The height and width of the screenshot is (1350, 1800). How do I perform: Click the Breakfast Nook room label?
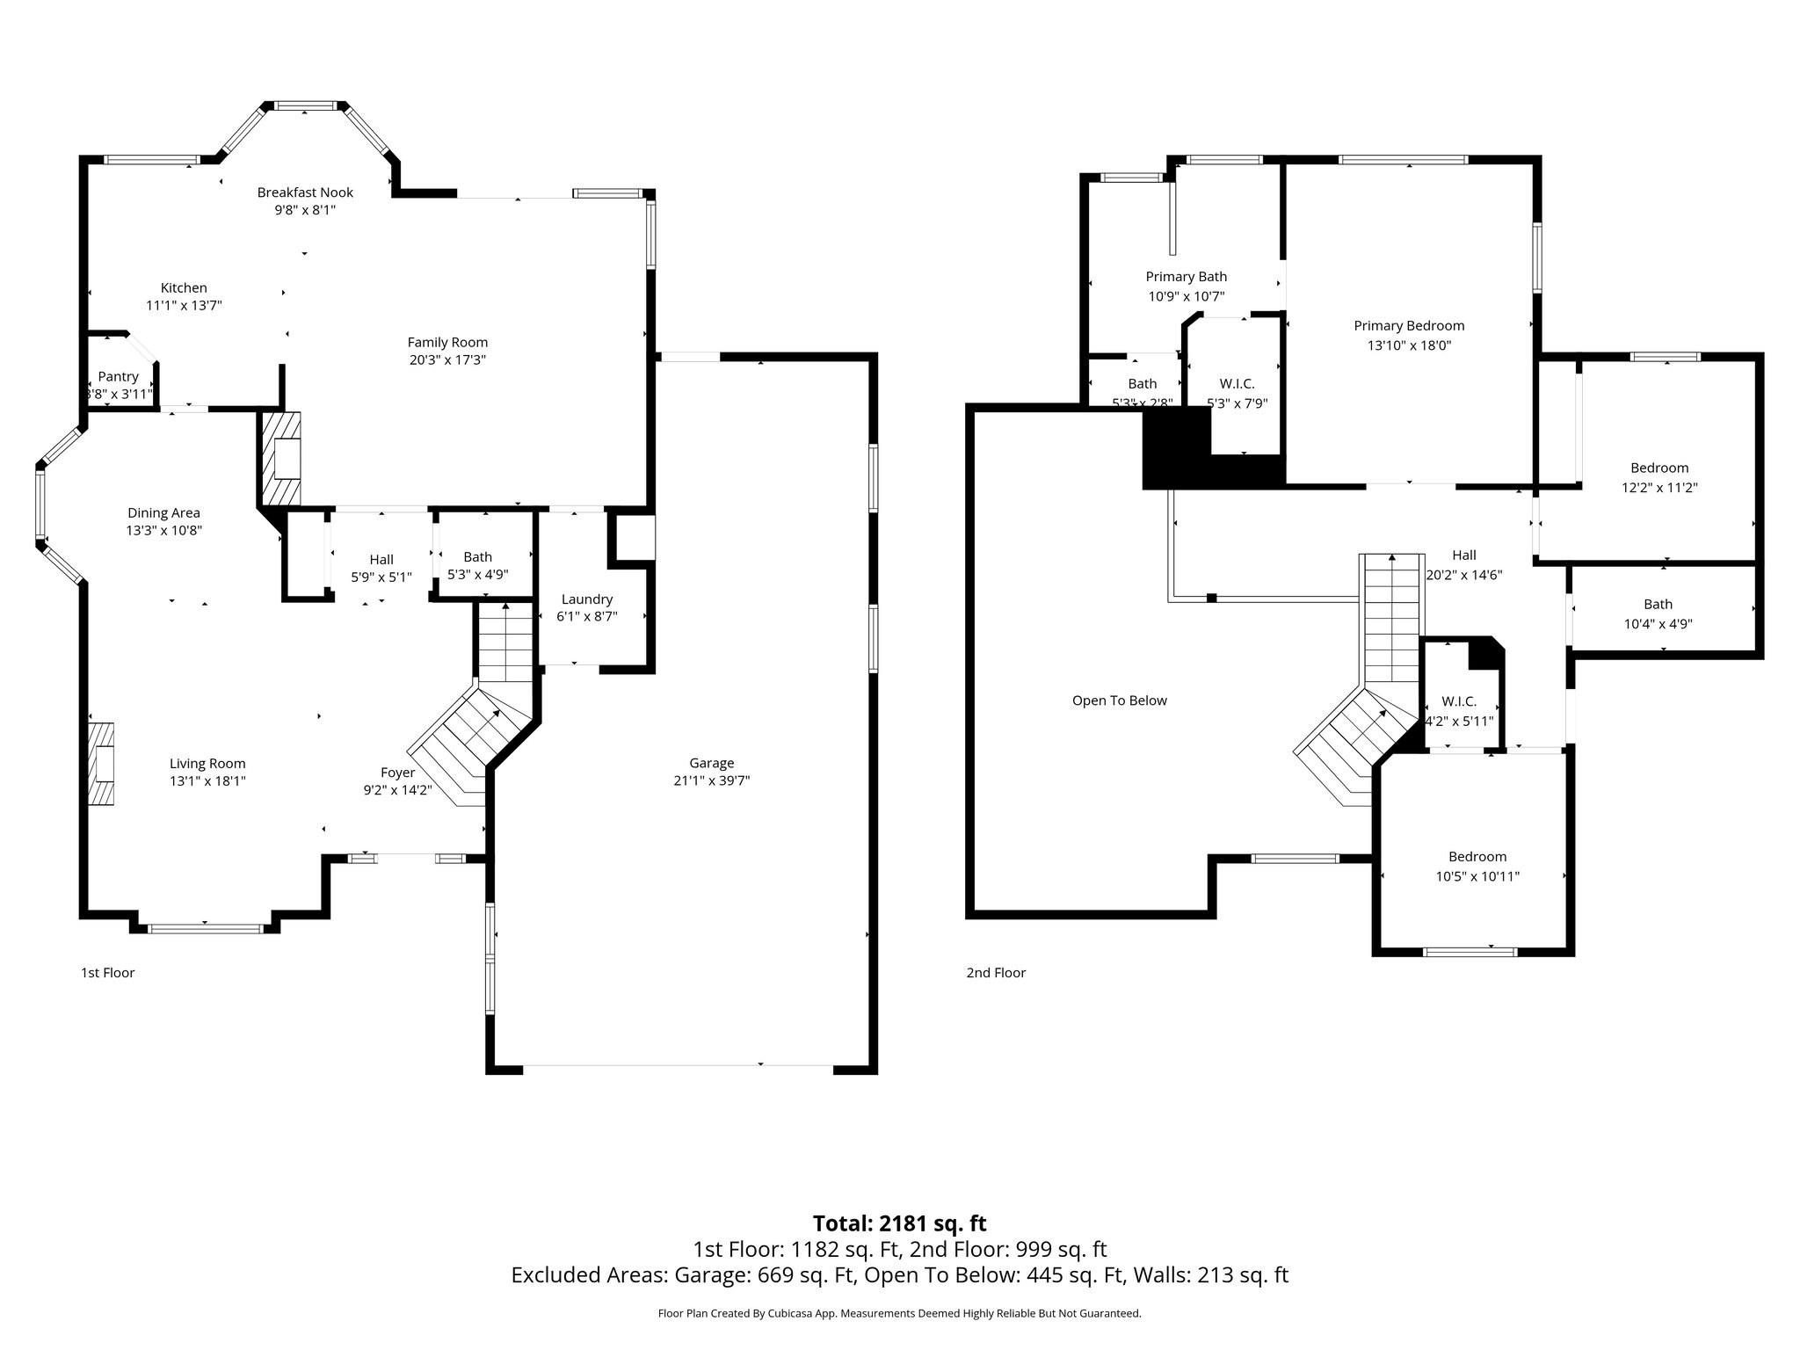pyautogui.click(x=305, y=192)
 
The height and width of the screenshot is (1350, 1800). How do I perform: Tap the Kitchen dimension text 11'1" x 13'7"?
pyautogui.click(x=184, y=306)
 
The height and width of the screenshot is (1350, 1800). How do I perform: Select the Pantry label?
pyautogui.click(x=118, y=376)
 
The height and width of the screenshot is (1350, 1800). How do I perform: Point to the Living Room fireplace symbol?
pyautogui.click(x=101, y=764)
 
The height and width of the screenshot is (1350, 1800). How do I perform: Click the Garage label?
pyautogui.click(x=711, y=763)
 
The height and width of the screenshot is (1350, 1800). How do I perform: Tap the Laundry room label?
pyautogui.click(x=586, y=599)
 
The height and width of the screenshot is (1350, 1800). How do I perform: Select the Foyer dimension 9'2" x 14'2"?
pyautogui.click(x=397, y=789)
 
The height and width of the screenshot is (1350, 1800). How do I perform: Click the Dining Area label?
pyautogui.click(x=163, y=512)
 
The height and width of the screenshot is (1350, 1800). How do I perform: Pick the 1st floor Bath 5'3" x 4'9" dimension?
pyautogui.click(x=477, y=575)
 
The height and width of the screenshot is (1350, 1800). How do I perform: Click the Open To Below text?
pyautogui.click(x=1119, y=700)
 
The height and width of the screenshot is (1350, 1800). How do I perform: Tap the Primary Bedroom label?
pyautogui.click(x=1409, y=325)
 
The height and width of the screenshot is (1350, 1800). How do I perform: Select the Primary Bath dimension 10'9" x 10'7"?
pyautogui.click(x=1186, y=297)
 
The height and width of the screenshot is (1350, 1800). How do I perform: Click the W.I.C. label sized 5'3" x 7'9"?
pyautogui.click(x=1237, y=383)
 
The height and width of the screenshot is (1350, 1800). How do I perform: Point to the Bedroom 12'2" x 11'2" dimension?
pyautogui.click(x=1658, y=487)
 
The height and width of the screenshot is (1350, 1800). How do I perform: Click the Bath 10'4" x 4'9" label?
pyautogui.click(x=1658, y=604)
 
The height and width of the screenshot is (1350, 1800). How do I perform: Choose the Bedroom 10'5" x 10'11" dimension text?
pyautogui.click(x=1477, y=876)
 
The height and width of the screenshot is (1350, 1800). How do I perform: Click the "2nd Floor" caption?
pyautogui.click(x=996, y=973)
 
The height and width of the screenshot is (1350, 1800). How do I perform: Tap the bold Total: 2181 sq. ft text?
pyautogui.click(x=899, y=1223)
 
